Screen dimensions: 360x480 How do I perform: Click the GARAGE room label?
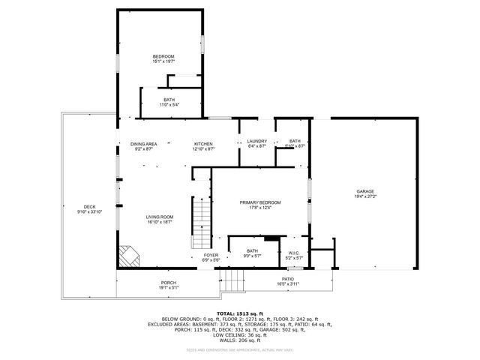[x=365, y=191]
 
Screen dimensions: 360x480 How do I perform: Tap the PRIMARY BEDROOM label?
[x=260, y=202]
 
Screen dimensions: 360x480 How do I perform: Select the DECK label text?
[x=89, y=207]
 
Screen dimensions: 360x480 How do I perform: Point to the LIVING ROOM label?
[x=160, y=217]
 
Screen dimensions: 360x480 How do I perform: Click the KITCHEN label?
[x=204, y=143]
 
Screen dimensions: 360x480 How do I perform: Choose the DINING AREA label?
[x=143, y=143]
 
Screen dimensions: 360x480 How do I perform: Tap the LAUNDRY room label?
[x=257, y=142]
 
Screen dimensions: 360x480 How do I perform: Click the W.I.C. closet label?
[x=294, y=253]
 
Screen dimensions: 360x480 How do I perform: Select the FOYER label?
[x=211, y=255]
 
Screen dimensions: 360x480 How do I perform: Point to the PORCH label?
[x=168, y=282]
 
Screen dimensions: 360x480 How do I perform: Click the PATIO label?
[x=287, y=279]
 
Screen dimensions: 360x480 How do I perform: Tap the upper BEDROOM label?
[x=163, y=57]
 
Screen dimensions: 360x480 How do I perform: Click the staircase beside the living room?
[x=202, y=222]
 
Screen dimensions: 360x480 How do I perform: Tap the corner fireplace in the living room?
[x=129, y=256]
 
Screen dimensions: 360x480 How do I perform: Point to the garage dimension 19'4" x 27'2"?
[x=365, y=196]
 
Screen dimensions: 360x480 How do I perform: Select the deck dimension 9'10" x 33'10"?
[x=89, y=212]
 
